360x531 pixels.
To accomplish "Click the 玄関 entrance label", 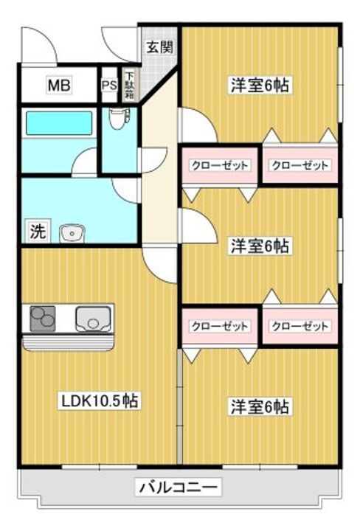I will (159, 48).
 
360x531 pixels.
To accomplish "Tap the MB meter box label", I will (59, 86).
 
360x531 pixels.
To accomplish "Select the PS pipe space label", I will (109, 86).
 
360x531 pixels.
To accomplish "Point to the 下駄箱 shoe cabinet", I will (129, 86).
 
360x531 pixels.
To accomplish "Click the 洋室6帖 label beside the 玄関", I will (258, 86).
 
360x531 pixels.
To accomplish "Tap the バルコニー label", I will (177, 487).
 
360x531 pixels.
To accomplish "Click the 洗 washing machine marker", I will (36, 231).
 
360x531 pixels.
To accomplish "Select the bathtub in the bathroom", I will (59, 123).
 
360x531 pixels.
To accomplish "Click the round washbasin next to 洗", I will (71, 232).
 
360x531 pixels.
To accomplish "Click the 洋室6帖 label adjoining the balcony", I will (258, 406).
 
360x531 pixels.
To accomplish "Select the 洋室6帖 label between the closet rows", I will (258, 246).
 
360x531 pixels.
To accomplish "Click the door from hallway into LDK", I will (159, 265).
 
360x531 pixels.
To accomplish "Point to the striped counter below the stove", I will (68, 342).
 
